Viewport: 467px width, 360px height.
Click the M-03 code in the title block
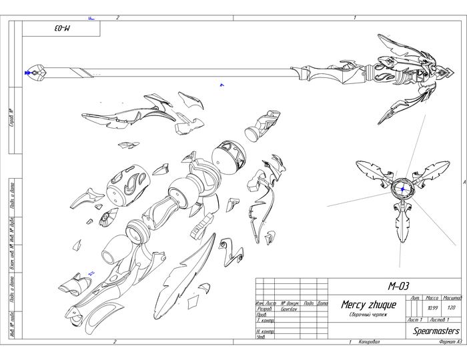click(398, 285)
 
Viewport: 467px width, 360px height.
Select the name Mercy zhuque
click(368, 305)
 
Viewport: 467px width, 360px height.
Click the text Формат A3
click(446, 341)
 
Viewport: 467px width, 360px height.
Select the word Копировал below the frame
click(368, 341)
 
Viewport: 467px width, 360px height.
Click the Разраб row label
click(264, 310)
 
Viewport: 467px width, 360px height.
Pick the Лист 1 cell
click(414, 320)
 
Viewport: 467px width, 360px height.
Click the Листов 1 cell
click(439, 320)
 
